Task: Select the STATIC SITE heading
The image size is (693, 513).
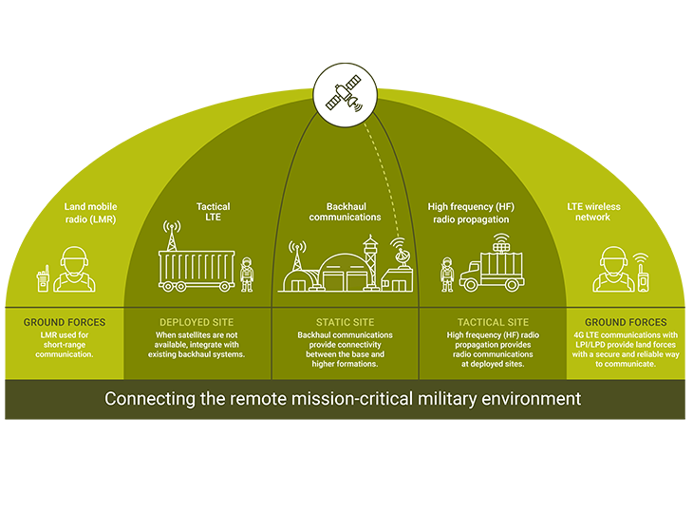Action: [x=345, y=323]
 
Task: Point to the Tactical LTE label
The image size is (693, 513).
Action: [x=213, y=212]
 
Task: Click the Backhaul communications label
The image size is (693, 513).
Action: [x=346, y=211]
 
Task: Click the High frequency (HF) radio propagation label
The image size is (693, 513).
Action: [x=477, y=212]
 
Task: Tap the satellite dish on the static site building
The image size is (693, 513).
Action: [x=398, y=252]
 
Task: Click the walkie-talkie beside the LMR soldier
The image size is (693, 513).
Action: [x=42, y=278]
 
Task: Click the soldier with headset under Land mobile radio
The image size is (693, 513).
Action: [x=72, y=270]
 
